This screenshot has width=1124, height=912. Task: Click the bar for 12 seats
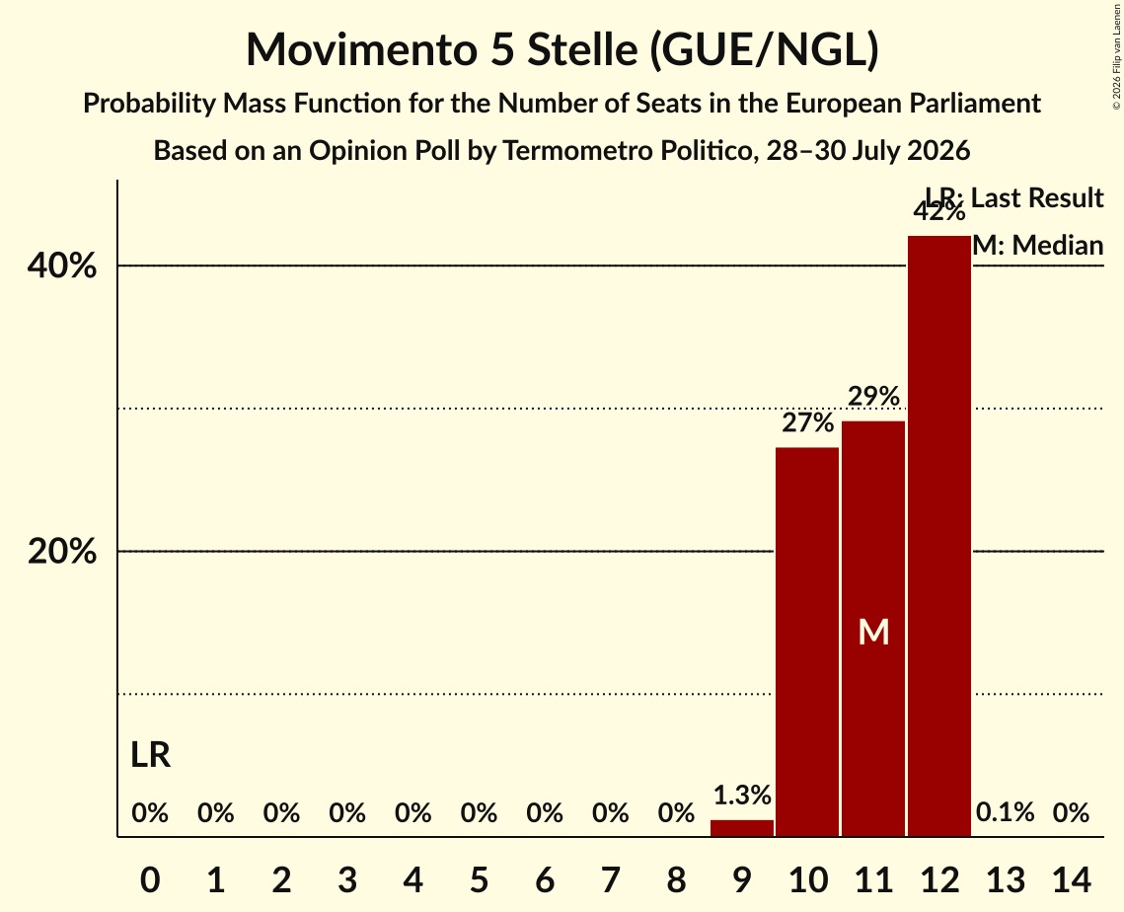939,536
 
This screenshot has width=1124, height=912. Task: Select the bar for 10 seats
807,642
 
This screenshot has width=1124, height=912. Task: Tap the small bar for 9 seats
742,828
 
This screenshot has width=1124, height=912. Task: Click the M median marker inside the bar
873,633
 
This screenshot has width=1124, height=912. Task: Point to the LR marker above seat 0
151,755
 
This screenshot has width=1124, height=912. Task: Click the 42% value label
939,211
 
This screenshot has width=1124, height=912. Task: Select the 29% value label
873,396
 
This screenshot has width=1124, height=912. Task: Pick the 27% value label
808,423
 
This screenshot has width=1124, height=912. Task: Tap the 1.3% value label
742,796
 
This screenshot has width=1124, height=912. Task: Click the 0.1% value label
1005,812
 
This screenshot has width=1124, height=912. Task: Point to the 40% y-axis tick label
62,266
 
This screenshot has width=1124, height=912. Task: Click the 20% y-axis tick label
62,552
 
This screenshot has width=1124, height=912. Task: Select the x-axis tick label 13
1006,879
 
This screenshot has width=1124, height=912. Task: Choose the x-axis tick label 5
479,879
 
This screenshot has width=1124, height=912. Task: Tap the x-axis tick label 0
150,879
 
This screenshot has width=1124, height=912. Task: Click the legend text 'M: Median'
1038,245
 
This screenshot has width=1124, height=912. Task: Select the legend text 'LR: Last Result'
1014,197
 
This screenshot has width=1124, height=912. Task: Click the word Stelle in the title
582,49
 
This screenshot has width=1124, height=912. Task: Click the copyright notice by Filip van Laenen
1116,56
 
